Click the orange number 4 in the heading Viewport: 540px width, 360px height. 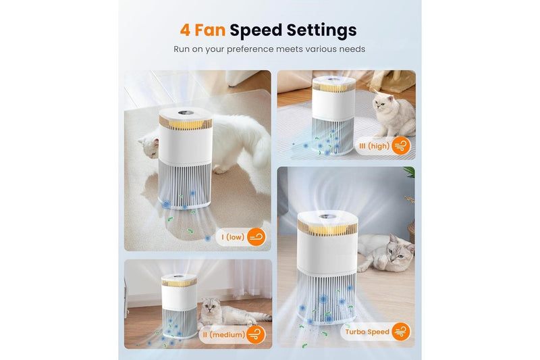coord(185,30)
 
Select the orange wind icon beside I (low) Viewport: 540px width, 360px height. coord(256,236)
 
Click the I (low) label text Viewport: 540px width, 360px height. coord(233,237)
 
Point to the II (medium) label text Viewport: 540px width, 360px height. coord(224,334)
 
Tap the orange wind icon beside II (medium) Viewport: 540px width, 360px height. coord(256,334)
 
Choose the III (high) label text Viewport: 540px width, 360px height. coord(375,146)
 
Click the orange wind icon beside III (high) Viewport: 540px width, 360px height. coord(401,146)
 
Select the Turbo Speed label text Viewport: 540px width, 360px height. coord(367,332)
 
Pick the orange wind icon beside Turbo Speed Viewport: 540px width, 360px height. coord(401,332)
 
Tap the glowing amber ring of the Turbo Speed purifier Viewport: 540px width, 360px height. coord(327,228)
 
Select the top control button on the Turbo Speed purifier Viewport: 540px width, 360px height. coord(325,217)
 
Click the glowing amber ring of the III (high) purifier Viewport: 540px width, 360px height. coord(333,87)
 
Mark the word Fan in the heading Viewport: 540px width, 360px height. coord(210,30)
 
